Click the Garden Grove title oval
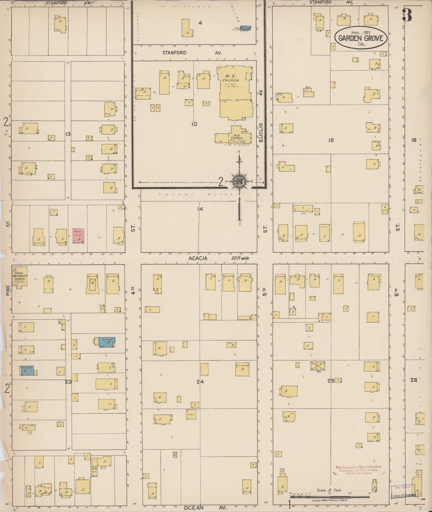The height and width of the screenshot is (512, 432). click(360, 38)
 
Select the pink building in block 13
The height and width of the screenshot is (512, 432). click(78, 236)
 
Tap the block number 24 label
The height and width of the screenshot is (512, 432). click(200, 382)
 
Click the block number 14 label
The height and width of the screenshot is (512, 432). click(200, 209)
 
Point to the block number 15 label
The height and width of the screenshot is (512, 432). click(331, 140)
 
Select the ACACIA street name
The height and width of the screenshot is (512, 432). click(198, 258)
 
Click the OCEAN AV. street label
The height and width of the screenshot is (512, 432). click(205, 508)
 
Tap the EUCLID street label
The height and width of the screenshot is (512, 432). click(262, 132)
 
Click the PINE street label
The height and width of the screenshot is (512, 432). click(7, 290)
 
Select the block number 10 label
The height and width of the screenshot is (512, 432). click(194, 124)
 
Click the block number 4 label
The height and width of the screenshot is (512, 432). click(200, 23)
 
